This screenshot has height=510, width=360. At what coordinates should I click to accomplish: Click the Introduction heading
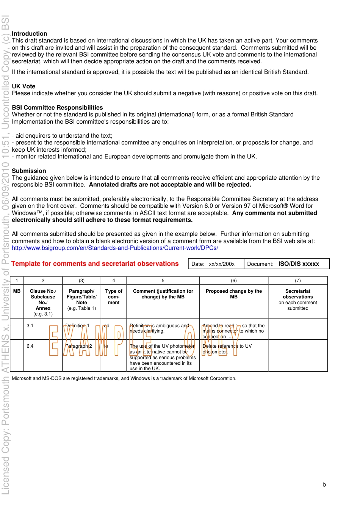coord(29,33)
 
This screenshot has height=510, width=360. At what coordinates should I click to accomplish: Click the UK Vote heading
coord(23,86)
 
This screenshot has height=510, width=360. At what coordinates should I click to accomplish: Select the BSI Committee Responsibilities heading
coord(57,107)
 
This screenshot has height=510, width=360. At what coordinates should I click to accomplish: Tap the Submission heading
coord(29,171)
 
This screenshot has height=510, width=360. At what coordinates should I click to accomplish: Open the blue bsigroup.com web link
coord(115,248)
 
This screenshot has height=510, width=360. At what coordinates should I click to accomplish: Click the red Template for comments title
coord(95,264)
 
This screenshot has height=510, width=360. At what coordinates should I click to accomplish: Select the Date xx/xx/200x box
coord(216,264)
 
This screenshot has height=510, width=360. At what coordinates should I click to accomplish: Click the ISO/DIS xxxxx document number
coord(299,264)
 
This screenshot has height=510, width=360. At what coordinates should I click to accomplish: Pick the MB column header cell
coord(17,291)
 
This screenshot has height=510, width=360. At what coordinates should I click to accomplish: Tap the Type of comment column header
coord(114,297)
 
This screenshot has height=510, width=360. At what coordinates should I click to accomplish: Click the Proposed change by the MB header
coord(233,294)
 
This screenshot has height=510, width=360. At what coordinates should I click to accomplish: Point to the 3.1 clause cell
coord(30,326)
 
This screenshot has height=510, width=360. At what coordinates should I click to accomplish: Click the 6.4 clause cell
coord(30,346)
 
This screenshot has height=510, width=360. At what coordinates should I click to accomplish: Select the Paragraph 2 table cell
coord(79,346)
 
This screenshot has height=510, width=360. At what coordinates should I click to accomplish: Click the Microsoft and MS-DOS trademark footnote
coord(124,378)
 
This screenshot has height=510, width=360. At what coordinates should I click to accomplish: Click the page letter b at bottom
coord(324,484)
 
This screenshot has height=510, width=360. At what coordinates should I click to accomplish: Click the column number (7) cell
coord(297,281)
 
